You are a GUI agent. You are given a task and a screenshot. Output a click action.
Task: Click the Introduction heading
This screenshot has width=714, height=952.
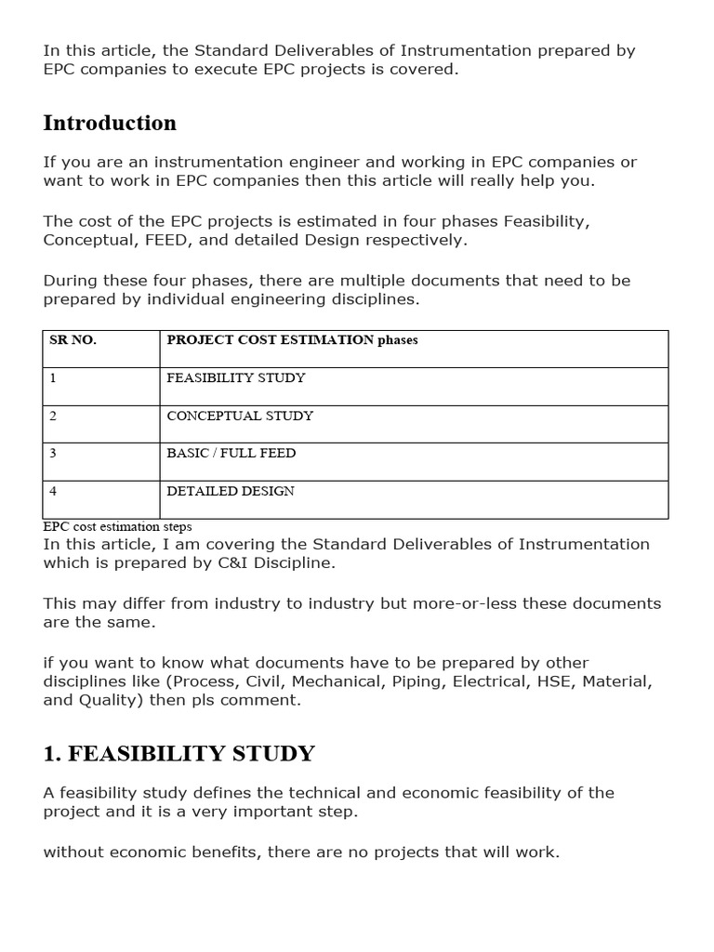(x=110, y=124)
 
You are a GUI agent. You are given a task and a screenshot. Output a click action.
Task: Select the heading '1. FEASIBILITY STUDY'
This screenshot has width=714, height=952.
(x=178, y=754)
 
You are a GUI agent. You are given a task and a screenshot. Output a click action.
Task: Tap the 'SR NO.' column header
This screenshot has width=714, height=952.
(x=73, y=340)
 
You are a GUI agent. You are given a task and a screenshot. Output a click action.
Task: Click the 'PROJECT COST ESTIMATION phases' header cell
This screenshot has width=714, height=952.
(x=292, y=340)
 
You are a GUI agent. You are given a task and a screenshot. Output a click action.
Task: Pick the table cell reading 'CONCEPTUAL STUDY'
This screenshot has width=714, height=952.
(x=240, y=416)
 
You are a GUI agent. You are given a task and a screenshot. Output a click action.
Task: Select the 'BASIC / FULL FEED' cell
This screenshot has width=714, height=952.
(x=231, y=454)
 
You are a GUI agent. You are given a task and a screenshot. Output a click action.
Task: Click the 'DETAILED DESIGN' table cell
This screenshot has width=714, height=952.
(x=231, y=491)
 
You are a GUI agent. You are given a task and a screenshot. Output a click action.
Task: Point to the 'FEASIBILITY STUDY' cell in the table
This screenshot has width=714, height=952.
(x=236, y=378)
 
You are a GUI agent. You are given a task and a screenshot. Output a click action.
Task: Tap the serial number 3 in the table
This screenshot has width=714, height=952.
(x=53, y=454)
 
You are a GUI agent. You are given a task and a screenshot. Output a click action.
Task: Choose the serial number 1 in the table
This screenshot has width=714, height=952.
(x=53, y=378)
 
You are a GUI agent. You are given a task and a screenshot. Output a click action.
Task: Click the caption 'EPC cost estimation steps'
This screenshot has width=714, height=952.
(x=117, y=526)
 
